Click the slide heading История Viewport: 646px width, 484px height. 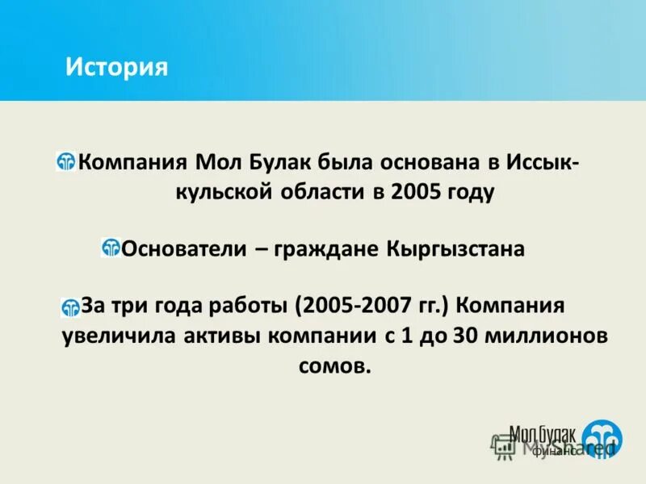116,66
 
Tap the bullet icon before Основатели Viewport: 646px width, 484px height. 111,248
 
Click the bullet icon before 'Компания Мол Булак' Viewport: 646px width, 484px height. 66,161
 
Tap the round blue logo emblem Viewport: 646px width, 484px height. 602,436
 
